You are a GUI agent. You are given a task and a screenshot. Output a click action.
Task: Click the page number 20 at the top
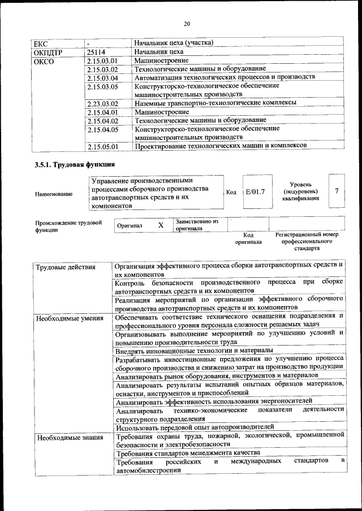point(187,23)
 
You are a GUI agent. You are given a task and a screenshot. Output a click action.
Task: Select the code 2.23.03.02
point(102,103)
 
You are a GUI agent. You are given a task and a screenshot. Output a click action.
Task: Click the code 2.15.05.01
point(102,146)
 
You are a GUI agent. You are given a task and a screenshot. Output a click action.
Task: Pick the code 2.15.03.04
point(102,77)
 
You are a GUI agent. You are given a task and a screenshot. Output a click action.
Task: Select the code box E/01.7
point(256,192)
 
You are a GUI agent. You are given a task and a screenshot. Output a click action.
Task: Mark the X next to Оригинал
point(161,225)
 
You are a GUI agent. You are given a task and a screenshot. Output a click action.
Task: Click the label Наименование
point(54,194)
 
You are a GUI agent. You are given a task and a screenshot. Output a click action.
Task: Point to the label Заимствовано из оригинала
point(197,225)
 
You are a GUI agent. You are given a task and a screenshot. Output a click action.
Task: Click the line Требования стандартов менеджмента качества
point(187,453)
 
